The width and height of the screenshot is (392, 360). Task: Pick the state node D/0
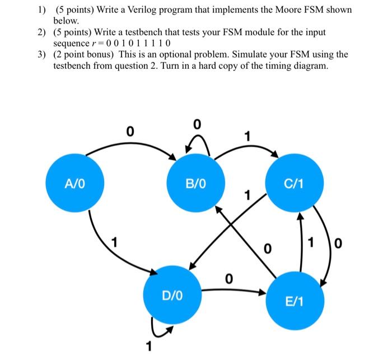[x=171, y=294]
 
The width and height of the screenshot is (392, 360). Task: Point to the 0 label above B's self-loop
[x=196, y=124]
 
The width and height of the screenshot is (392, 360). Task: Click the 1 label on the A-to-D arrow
[x=114, y=243]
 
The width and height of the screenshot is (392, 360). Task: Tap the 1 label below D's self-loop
[x=149, y=347]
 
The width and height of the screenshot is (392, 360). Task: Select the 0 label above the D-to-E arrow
[x=228, y=278]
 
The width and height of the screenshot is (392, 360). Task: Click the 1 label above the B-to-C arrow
[x=247, y=136]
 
